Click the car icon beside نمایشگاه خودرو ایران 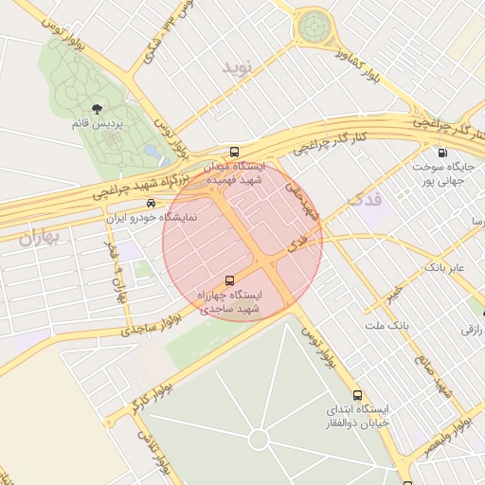click(151, 204)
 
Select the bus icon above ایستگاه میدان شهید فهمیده click(234, 152)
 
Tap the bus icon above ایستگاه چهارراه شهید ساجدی click(228, 281)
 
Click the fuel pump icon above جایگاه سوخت click(442, 153)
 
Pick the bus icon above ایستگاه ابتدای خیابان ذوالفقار click(357, 395)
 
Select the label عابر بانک click(444, 268)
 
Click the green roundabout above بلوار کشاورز click(313, 27)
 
